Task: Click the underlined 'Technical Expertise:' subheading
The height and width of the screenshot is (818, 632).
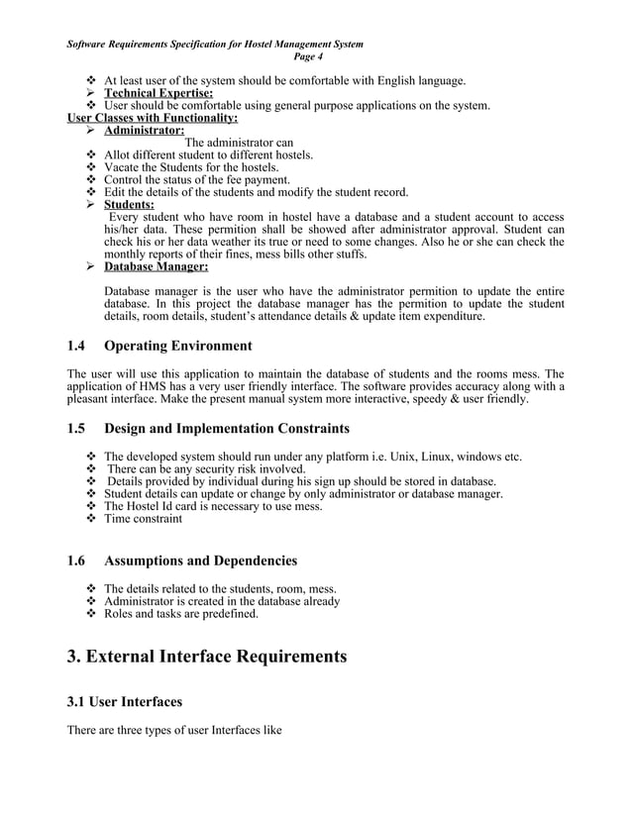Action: point(158,93)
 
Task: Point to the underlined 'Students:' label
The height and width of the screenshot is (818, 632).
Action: point(130,205)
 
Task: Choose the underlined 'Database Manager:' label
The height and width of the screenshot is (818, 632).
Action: point(156,266)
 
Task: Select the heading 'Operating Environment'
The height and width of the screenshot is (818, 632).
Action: point(177,347)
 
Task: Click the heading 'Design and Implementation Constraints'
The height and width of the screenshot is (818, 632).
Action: point(226,429)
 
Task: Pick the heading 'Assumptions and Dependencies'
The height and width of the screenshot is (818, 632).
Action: point(200,562)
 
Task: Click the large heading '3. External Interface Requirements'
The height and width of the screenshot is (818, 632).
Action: point(206,657)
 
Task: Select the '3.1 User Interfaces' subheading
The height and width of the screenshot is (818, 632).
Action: point(124,702)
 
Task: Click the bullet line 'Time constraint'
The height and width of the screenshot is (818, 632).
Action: point(143,518)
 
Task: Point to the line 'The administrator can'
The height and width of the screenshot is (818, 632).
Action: point(239,143)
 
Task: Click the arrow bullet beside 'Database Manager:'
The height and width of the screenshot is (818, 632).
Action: point(92,266)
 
